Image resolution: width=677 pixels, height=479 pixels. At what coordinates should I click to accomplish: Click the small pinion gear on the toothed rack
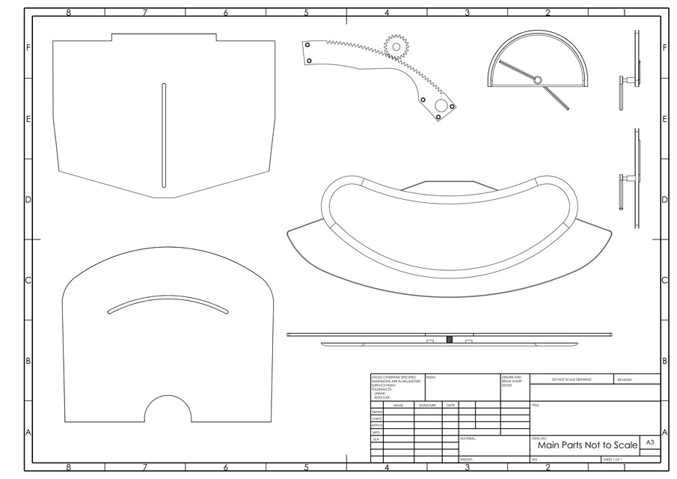pyautogui.click(x=396, y=46)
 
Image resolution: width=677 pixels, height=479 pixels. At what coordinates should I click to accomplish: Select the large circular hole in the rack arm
pyautogui.click(x=441, y=106)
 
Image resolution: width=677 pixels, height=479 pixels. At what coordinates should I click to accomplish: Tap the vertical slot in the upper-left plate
pyautogui.click(x=164, y=135)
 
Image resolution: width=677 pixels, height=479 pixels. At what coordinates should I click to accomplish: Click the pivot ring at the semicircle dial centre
pyautogui.click(x=536, y=80)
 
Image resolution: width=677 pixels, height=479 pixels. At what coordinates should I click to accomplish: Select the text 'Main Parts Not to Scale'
pyautogui.click(x=587, y=445)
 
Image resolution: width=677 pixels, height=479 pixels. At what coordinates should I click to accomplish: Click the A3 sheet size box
pyautogui.click(x=650, y=443)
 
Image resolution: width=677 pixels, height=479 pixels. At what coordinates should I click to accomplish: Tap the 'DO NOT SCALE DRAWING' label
pyautogui.click(x=572, y=379)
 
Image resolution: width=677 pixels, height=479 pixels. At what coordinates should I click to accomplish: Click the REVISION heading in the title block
pyautogui.click(x=625, y=379)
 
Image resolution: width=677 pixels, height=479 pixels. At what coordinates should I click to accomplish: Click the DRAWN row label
pyautogui.click(x=376, y=412)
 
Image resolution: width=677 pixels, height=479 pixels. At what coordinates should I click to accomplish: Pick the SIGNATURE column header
pyautogui.click(x=427, y=405)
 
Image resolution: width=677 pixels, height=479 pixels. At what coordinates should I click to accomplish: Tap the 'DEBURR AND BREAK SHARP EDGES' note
pyautogui.click(x=513, y=380)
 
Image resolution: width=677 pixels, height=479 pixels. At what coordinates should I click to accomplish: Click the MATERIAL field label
pyautogui.click(x=468, y=439)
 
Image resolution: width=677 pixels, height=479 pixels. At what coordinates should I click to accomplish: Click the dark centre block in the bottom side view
pyautogui.click(x=449, y=340)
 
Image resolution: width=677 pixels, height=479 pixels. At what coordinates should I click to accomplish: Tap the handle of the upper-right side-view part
pyautogui.click(x=622, y=81)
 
